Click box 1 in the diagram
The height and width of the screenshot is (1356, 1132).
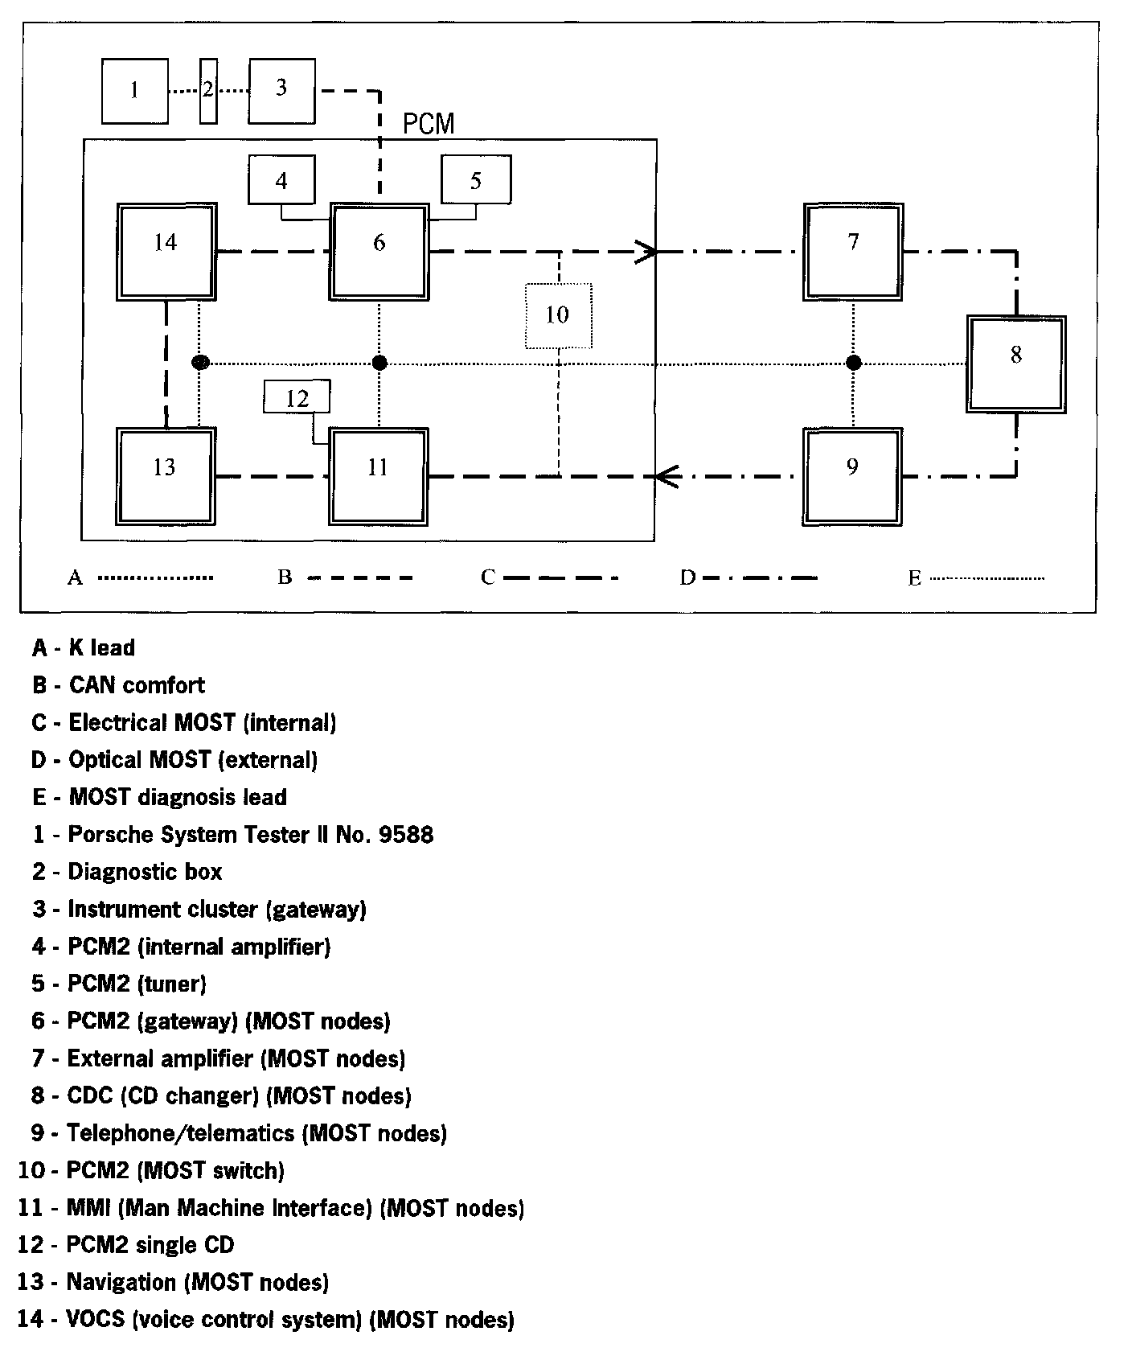[x=135, y=91]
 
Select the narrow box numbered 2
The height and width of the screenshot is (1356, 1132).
[x=208, y=91]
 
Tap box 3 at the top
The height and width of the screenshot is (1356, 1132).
[x=281, y=91]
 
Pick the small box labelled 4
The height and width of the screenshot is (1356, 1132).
[x=281, y=180]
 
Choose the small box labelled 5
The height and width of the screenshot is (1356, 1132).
[x=476, y=180]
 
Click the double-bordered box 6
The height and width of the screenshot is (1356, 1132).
[x=379, y=252]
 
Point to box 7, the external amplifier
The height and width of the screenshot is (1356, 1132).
[x=854, y=251]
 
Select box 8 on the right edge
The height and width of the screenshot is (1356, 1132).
[x=1016, y=364]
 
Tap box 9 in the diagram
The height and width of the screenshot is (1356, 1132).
[x=852, y=476]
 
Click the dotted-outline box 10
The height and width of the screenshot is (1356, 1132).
[x=558, y=315]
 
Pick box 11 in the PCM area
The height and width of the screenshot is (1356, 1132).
[x=379, y=476]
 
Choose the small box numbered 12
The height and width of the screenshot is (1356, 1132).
[x=297, y=398]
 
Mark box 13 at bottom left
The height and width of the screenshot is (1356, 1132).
[x=165, y=476]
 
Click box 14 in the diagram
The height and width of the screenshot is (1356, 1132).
[x=166, y=252]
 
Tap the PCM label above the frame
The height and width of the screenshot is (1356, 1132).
[x=429, y=124]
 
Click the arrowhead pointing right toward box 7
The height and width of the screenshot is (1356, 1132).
[x=648, y=252]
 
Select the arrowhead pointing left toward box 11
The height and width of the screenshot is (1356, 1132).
[x=667, y=476]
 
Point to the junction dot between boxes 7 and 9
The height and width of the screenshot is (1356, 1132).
[x=854, y=364]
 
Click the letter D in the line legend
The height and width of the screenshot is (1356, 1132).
[x=687, y=577]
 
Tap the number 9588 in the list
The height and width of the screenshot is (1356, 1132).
[x=405, y=835]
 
